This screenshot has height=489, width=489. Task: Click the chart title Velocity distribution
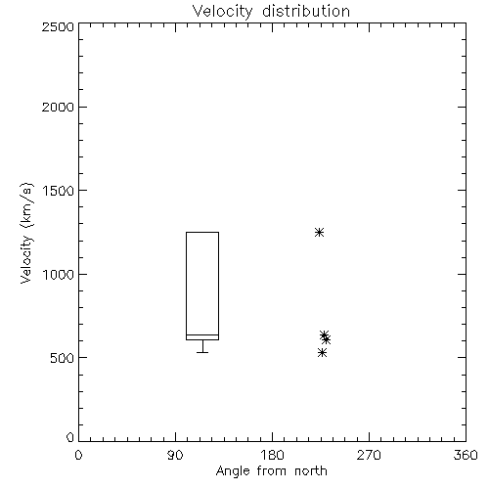pos(271,11)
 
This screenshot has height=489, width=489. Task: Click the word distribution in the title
pos(306,11)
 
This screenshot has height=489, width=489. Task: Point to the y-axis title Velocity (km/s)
pos(26,233)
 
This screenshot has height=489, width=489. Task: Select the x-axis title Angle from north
pos(272,471)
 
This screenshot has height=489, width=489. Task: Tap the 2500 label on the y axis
pos(58,26)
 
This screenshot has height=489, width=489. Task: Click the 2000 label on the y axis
pos(58,108)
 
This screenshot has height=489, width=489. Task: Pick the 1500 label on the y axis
pos(59,191)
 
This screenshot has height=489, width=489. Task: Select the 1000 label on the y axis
pos(59,275)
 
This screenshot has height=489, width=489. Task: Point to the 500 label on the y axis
pos(63,358)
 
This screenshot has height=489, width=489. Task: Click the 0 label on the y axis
pos(70,437)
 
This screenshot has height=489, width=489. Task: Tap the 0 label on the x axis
pos(78,455)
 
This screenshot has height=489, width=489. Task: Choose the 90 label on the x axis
pos(175,455)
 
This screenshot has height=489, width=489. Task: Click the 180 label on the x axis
pos(272,455)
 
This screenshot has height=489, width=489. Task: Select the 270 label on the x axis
pos(369,455)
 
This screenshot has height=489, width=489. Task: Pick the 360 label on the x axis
pos(466,455)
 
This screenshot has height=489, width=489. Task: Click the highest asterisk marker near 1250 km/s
pos(319,232)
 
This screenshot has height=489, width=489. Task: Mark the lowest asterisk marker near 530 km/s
pos(322,352)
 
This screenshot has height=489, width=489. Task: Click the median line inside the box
pos(202,334)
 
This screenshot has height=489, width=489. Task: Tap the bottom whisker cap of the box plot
pos(202,352)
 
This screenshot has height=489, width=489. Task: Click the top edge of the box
pos(202,232)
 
